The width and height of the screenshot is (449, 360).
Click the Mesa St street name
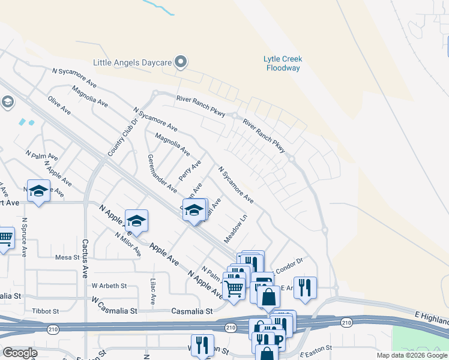coord(67,257)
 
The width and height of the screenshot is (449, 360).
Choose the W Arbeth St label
coord(109,286)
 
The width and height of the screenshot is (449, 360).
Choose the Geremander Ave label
coord(161,173)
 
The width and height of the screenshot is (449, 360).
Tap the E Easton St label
coord(316,349)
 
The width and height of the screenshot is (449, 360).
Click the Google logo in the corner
coord(20,353)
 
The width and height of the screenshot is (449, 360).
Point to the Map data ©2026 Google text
coord(411,355)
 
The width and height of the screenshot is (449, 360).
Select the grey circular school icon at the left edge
coord(7,102)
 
